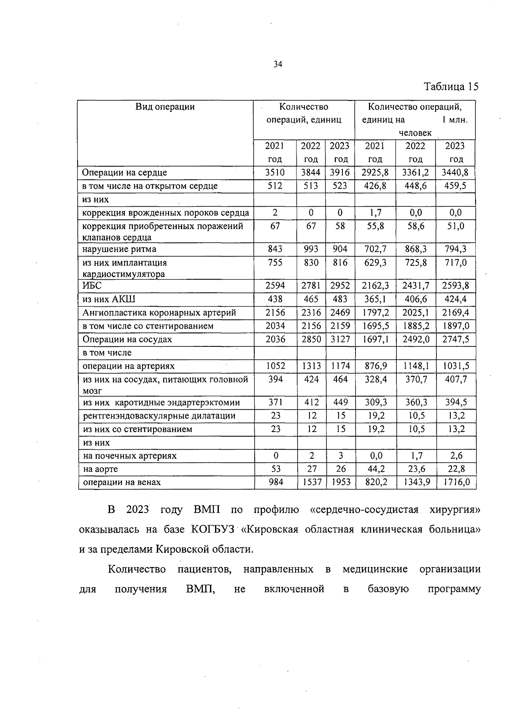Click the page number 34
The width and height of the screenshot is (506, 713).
click(x=277, y=64)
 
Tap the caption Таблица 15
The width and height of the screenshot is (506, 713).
click(x=451, y=87)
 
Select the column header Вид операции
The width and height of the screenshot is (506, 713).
click(x=165, y=107)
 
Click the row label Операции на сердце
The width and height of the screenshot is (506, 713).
click(x=125, y=173)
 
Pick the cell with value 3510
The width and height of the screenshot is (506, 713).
click(x=275, y=173)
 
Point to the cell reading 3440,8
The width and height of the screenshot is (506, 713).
click(x=455, y=173)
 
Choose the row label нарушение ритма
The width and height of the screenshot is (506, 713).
click(x=119, y=249)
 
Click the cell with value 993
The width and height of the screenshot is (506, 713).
click(x=311, y=249)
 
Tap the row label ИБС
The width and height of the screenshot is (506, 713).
click(x=92, y=286)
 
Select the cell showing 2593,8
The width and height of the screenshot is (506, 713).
click(x=455, y=286)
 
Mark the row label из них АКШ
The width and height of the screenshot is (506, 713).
click(x=109, y=299)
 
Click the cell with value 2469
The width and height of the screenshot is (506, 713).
click(x=340, y=313)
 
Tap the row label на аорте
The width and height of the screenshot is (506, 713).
click(x=100, y=469)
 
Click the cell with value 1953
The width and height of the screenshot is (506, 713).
click(x=340, y=482)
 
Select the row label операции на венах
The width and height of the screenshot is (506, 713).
click(x=122, y=482)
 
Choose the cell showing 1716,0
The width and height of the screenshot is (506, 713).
click(x=455, y=482)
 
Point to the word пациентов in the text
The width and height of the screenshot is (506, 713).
click(x=205, y=569)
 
